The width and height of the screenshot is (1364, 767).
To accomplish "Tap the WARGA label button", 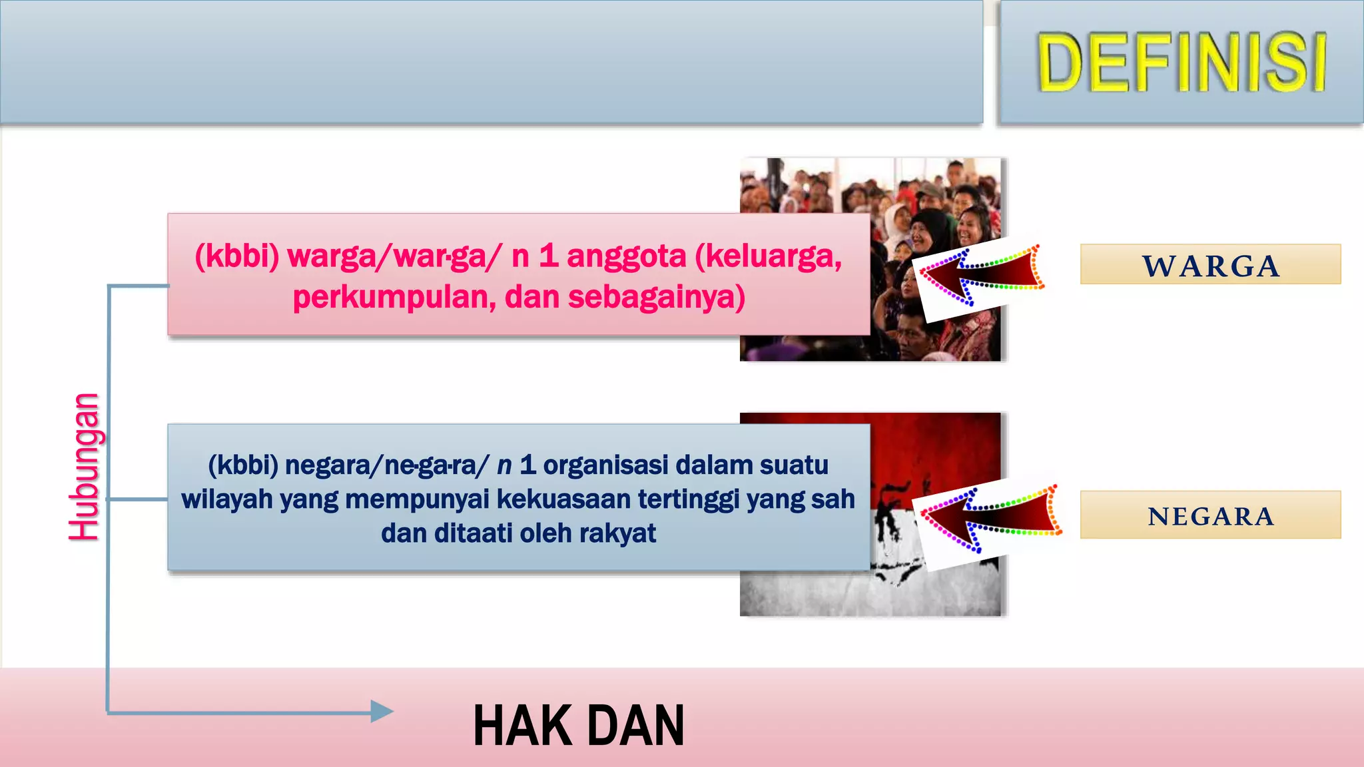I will click(1210, 265).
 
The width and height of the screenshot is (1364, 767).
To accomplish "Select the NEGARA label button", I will click(1210, 515).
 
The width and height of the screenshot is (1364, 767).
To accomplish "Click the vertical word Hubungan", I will click(85, 467).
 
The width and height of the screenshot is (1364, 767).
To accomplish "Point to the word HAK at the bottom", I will click(515, 726).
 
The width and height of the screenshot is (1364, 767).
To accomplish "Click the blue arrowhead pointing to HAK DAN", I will click(382, 712).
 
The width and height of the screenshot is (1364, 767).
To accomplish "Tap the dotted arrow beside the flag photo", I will click(989, 519).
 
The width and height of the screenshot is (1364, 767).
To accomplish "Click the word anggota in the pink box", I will click(626, 256).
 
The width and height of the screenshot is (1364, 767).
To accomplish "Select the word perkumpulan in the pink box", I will click(394, 298).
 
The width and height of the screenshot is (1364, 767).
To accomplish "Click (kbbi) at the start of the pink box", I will click(237, 256).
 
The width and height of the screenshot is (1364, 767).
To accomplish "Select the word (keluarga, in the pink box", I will click(769, 256).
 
